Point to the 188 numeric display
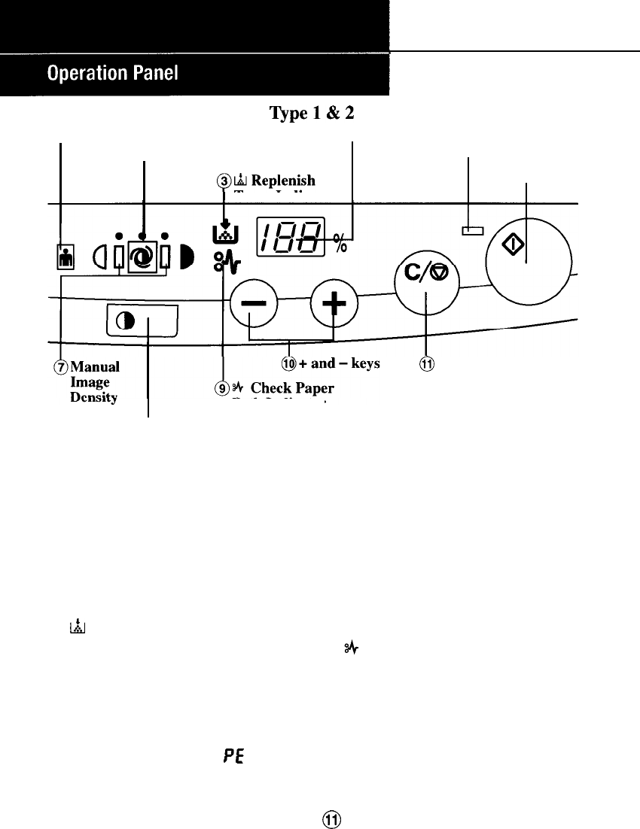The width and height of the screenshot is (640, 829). pos(291,237)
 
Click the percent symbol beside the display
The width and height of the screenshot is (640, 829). pos(341,242)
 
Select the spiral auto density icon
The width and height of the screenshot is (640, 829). pos(143,256)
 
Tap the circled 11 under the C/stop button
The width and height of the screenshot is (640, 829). pos(427,364)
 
